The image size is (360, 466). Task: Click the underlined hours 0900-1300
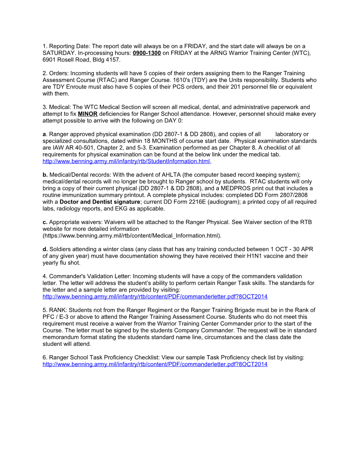pos(146,53)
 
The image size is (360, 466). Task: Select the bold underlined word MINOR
pos(88,114)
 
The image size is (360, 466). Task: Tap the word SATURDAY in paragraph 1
pos(59,53)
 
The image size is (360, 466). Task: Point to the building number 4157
pos(113,60)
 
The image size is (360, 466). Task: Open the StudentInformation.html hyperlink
pos(126,161)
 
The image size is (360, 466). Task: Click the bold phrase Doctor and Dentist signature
pos(100,202)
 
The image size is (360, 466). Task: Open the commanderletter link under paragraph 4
pos(155,297)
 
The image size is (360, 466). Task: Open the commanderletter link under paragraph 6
pos(155,364)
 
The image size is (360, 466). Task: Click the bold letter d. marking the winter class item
pos(45,249)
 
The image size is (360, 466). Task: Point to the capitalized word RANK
pos(57,310)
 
